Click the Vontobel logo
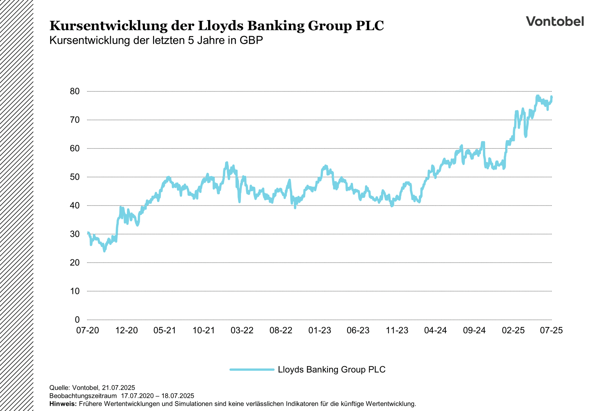[555, 21]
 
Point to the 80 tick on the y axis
[75, 91]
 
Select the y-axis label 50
[75, 177]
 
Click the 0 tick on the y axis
[77, 320]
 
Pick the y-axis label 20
[75, 263]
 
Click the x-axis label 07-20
[88, 331]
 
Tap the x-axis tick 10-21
[203, 331]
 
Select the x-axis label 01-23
[320, 331]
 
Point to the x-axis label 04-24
[435, 331]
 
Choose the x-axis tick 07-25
[551, 331]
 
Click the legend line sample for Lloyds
[252, 370]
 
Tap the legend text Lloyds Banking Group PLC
[331, 370]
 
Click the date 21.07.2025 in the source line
[118, 388]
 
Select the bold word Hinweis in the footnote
[63, 404]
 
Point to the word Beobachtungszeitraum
[83, 396]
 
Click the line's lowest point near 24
[105, 251]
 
